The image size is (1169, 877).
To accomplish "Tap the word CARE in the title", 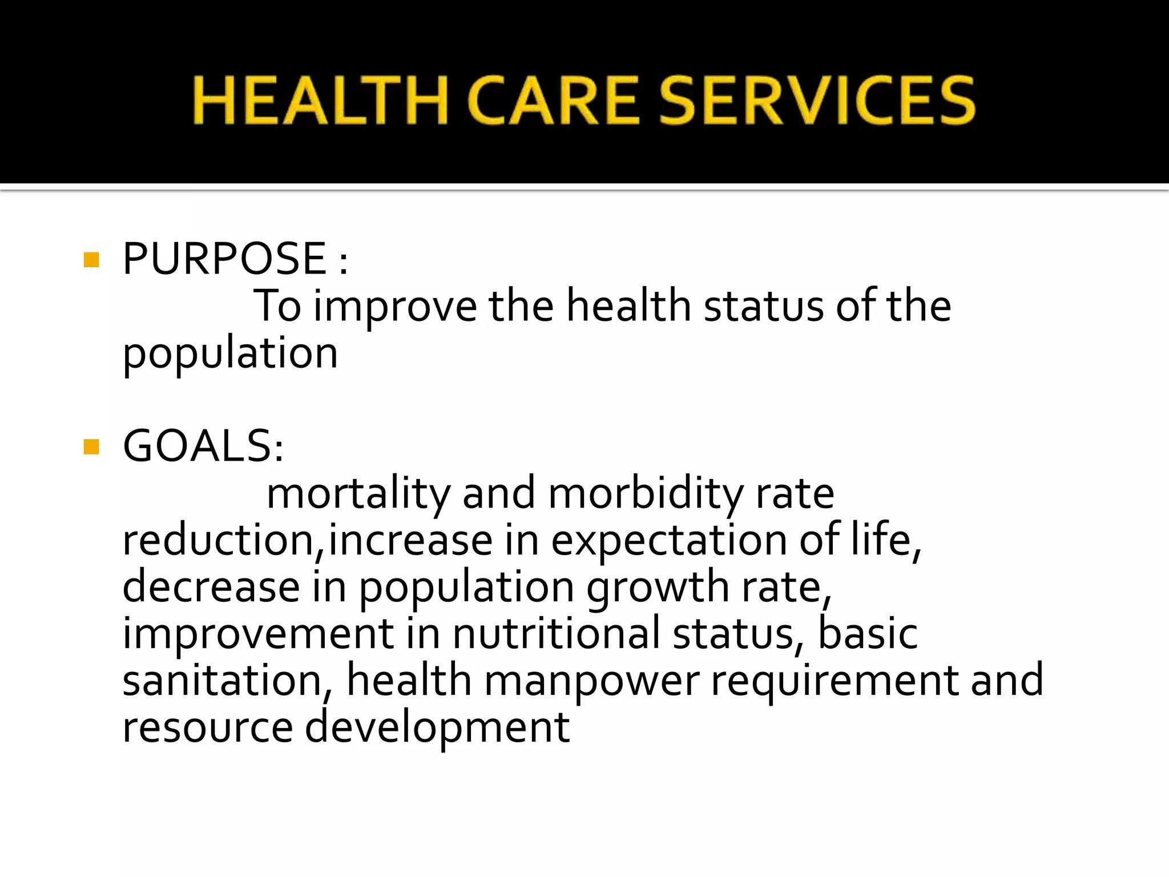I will click(x=553, y=101).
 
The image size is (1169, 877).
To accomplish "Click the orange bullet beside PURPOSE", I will click(x=91, y=260).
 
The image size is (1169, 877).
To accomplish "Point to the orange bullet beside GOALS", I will click(x=91, y=446).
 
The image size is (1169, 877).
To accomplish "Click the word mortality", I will click(x=358, y=493).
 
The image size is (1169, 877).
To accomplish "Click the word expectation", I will click(x=669, y=540).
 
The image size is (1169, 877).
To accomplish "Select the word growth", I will click(x=658, y=588).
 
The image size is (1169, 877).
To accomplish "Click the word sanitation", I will click(x=223, y=681).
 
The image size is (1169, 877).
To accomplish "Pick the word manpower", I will click(x=591, y=681).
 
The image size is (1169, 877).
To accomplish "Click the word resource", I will click(x=208, y=727).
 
